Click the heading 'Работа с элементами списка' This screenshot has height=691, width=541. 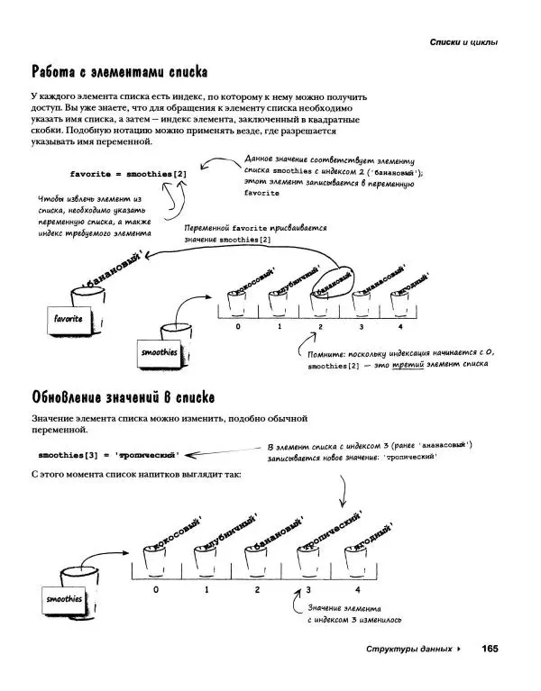coord(120,72)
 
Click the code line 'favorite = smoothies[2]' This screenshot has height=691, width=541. coord(128,173)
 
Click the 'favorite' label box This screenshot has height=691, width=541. coord(69,319)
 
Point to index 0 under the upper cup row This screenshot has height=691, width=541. coord(238,327)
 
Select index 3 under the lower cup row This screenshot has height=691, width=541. coord(307,589)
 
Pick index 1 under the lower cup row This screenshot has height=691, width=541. coord(206,589)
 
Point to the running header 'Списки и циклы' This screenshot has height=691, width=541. coord(463,41)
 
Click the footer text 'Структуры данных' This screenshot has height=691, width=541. coord(407,650)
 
